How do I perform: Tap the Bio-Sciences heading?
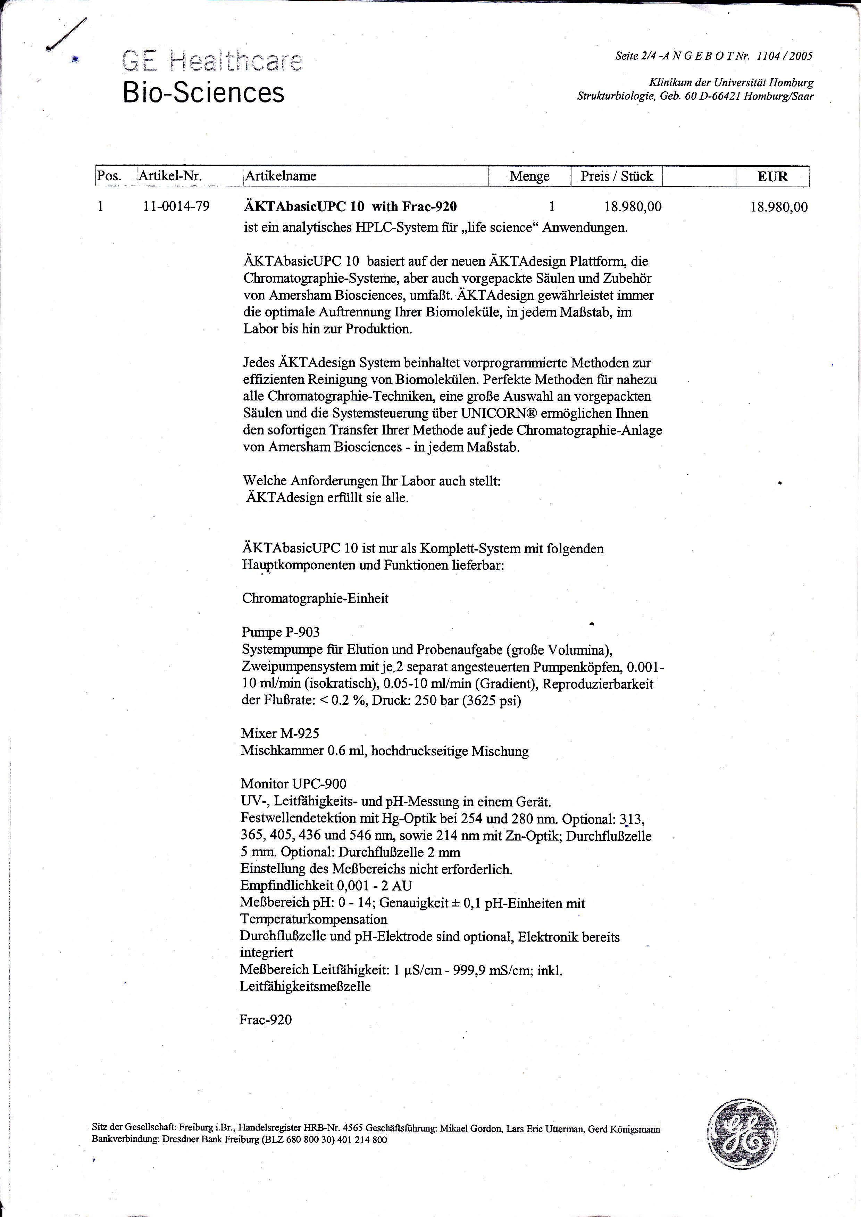[203, 92]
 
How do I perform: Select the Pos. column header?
[109, 176]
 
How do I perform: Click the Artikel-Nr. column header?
[170, 176]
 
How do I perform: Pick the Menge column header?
[529, 176]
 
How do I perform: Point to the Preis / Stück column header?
[617, 176]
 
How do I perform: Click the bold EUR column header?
[772, 176]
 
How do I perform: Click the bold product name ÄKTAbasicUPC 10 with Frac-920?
[350, 206]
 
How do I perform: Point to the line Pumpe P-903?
[281, 632]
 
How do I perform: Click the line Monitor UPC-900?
[293, 784]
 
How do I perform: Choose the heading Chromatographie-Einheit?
[315, 598]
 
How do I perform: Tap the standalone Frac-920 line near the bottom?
[265, 1020]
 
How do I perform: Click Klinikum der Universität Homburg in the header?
[730, 83]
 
